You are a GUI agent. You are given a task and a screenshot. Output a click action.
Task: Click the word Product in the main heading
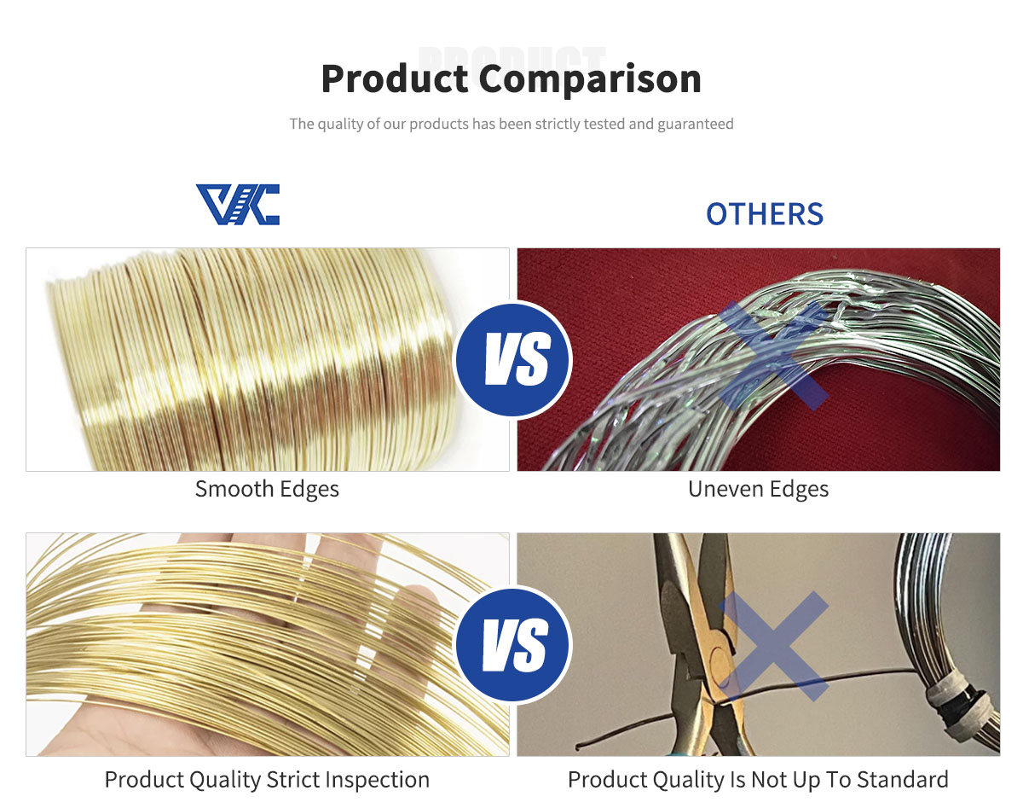(x=395, y=79)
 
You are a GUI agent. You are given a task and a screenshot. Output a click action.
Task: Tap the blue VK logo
(x=238, y=204)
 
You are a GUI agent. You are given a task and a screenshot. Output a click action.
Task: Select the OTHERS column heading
(x=765, y=213)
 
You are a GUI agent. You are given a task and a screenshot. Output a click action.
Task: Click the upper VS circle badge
(x=512, y=360)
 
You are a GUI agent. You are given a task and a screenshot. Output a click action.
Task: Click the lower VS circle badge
(x=512, y=644)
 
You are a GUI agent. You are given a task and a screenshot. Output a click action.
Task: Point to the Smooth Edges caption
(x=267, y=489)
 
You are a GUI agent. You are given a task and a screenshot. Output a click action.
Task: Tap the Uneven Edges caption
(x=758, y=489)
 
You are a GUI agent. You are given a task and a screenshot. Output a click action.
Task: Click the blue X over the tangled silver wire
(x=773, y=355)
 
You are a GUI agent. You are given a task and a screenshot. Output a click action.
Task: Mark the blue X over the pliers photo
(x=773, y=646)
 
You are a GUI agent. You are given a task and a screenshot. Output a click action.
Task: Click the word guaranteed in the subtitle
(x=696, y=125)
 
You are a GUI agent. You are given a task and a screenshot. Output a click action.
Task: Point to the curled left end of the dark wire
(x=579, y=747)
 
